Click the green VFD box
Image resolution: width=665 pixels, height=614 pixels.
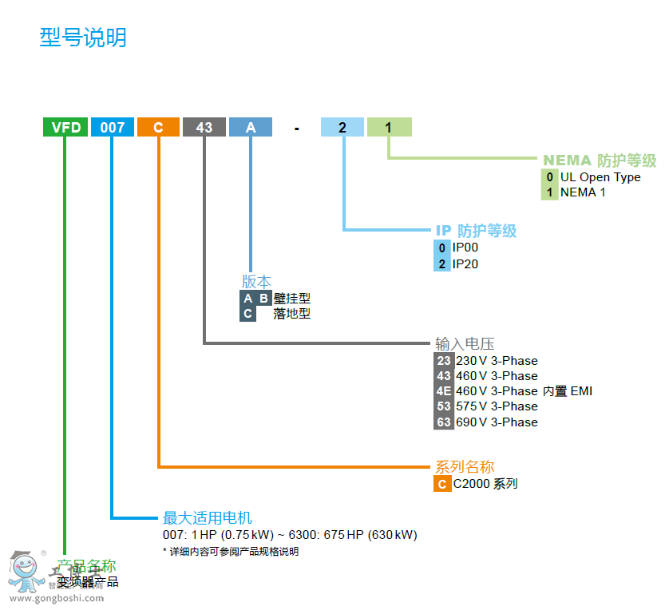point(65,127)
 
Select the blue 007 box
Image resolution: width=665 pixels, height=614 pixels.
point(112,127)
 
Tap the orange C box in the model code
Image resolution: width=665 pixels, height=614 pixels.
point(158,127)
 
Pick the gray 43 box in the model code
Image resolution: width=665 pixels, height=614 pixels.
point(204,127)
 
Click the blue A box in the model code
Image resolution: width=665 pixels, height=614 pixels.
point(251,127)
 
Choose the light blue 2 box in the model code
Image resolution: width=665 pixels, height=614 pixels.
point(342,127)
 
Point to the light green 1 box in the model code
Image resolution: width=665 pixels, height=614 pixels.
point(389,127)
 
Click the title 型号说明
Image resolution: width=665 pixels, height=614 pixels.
point(83,38)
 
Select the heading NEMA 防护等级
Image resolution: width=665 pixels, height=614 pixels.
point(600,160)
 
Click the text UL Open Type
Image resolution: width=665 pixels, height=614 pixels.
point(600,177)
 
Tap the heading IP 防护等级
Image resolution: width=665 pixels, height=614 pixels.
point(476,231)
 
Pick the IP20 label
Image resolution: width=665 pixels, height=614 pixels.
point(465,263)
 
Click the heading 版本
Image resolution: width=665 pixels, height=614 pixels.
point(256,282)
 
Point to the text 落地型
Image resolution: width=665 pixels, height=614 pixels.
point(291,314)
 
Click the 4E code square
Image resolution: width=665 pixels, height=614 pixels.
point(444,391)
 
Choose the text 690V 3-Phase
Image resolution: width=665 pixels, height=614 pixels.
point(497,422)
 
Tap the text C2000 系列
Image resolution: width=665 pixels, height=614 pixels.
point(485,484)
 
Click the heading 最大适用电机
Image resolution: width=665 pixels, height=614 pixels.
point(208,517)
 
